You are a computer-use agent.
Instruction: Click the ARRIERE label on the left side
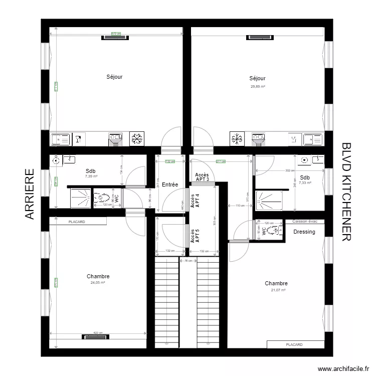[x=30, y=194]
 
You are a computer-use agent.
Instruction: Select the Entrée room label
[x=170, y=184]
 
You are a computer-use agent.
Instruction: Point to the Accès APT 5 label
[x=195, y=236]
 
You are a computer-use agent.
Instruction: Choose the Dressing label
[x=304, y=232]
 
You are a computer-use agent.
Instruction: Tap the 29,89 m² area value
[x=257, y=86]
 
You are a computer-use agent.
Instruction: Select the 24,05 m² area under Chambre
[x=98, y=283]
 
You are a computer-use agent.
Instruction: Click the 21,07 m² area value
[x=278, y=290]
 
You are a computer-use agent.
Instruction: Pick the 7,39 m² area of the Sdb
[x=91, y=176]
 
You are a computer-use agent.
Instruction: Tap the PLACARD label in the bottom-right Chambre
[x=294, y=344]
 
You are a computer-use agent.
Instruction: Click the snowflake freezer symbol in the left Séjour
[x=136, y=139]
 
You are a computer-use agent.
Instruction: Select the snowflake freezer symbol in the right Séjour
[x=237, y=139]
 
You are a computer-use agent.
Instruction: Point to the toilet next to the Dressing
[x=273, y=231]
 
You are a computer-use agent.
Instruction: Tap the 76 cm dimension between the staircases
[x=187, y=261]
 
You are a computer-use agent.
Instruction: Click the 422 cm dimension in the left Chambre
[x=98, y=333]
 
